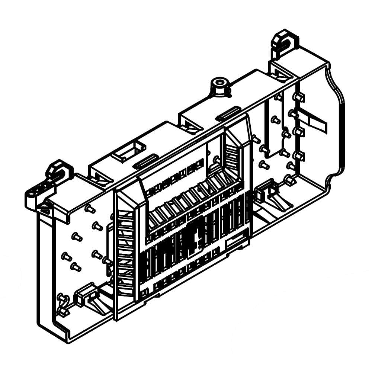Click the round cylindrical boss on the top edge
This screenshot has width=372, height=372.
pyautogui.click(x=219, y=86)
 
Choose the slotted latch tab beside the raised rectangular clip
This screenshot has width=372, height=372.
pyautogui.click(x=145, y=162)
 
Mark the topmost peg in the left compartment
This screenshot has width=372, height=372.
pyautogui.click(x=89, y=209)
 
